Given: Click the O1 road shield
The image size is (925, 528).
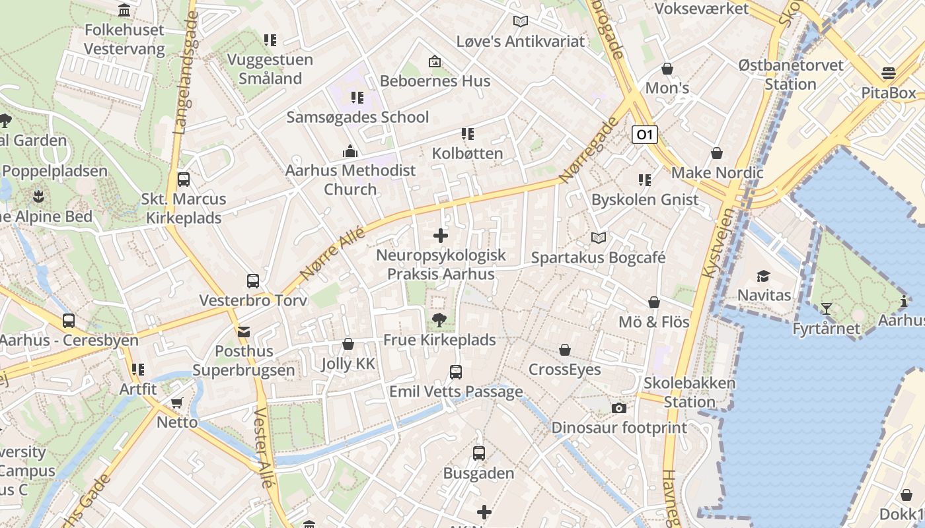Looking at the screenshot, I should coord(644,135).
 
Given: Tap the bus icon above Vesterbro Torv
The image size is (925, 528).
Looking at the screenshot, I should coord(252,281).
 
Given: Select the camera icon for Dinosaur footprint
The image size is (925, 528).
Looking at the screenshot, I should coord(618,408).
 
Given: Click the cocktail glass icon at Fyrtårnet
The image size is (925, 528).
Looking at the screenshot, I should coord(826,308).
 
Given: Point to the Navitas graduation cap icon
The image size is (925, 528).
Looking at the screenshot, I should coord(763,276).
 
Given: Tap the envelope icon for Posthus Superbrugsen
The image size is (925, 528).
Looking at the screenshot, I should coord(244,331).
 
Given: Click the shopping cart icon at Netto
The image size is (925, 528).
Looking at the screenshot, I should coord(176,403).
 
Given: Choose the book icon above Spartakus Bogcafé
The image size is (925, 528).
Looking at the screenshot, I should coord(598,238).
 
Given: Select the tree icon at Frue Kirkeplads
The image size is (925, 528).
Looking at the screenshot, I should coord(439,321).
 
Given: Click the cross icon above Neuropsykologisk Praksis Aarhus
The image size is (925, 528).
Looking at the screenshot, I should coord(441,235).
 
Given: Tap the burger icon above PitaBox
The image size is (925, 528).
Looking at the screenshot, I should coord(888,73).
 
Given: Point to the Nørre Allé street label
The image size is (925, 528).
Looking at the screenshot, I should coord(332,251).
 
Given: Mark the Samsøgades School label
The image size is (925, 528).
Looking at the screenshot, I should coord(357,117).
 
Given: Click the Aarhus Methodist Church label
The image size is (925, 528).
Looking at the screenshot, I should coord(350,180).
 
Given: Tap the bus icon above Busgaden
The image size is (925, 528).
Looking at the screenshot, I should coord(479,453).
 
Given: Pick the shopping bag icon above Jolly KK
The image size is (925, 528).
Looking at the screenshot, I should coord(348,344).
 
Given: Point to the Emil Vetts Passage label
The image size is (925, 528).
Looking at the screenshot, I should coord(456,391).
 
